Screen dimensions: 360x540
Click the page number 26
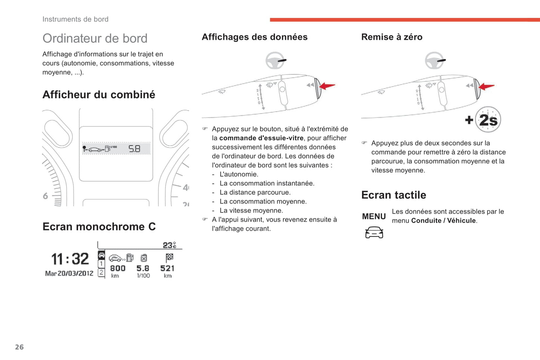(19, 347)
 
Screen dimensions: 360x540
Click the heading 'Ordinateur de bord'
(95, 38)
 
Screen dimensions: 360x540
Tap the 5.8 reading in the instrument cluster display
(134, 149)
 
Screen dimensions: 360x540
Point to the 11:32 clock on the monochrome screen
(70, 259)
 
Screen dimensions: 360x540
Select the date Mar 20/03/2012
(69, 273)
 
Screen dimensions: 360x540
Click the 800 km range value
(117, 269)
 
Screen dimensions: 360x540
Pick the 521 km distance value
(167, 269)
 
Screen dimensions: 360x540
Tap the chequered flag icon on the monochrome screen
(169, 257)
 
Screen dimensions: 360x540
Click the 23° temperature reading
(169, 245)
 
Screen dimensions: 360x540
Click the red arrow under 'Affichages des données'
(327, 86)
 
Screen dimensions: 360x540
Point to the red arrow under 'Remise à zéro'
(487, 87)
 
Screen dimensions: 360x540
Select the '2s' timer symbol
(488, 120)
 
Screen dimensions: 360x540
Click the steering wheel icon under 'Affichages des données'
(275, 60)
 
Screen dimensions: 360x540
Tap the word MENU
(374, 217)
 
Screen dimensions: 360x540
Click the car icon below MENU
(374, 232)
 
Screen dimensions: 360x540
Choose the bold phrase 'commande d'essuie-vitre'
(261, 138)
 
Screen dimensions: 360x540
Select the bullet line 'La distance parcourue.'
(255, 192)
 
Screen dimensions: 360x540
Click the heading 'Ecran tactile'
(394, 195)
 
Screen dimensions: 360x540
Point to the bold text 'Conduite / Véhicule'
(444, 221)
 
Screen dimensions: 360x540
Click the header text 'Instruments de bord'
(75, 19)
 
